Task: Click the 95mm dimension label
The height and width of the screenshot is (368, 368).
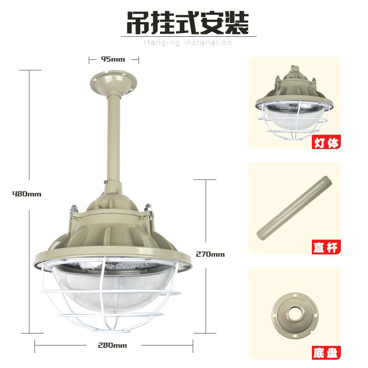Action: point(113,59)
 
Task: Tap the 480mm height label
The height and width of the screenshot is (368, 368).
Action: point(27,194)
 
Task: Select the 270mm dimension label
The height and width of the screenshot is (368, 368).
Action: point(210,254)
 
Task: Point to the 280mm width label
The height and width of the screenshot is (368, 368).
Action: point(112,345)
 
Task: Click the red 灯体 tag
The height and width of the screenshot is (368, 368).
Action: point(326,142)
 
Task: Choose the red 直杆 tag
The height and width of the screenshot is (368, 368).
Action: point(326,247)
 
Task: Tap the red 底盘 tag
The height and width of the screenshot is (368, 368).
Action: point(326,353)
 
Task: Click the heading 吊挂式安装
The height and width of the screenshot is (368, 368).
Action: point(188,23)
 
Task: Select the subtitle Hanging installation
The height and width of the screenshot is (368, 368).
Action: point(188,42)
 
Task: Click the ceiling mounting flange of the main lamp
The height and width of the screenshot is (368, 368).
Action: point(114,82)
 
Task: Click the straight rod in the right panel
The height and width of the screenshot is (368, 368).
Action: point(294,208)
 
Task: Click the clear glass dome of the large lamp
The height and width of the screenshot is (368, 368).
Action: point(113,289)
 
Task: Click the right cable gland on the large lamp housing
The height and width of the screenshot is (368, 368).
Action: point(149,209)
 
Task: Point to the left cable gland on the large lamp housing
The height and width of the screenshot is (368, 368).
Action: point(74,209)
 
